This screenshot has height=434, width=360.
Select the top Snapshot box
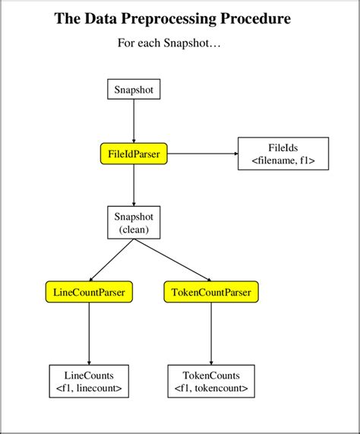click(x=134, y=90)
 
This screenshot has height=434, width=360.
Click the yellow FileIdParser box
click(x=134, y=154)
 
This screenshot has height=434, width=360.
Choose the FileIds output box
click(x=283, y=154)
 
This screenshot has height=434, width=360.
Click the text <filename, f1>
click(x=283, y=160)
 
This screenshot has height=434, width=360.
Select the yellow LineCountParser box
click(x=90, y=291)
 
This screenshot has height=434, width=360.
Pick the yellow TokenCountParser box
click(x=211, y=291)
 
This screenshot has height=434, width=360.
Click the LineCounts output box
click(x=89, y=382)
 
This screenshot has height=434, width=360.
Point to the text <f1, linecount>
click(x=89, y=388)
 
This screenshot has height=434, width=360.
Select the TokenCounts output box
click(x=211, y=382)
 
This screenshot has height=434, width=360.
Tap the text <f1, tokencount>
click(x=211, y=388)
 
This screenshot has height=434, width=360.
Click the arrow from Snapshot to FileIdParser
click(x=134, y=122)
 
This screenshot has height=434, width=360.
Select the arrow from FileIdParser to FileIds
click(x=202, y=154)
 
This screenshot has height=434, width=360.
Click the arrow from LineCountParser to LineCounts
click(x=90, y=334)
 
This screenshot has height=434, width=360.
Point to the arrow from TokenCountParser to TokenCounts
click(x=211, y=334)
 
